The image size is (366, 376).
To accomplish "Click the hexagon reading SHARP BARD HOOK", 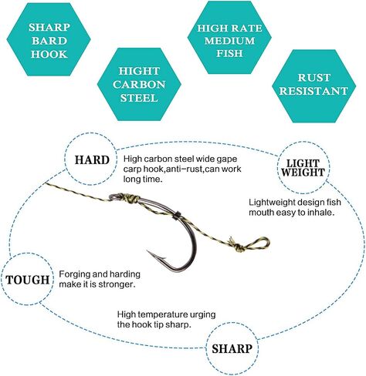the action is click(x=49, y=39).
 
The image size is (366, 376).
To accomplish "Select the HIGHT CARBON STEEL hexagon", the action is click(x=139, y=84).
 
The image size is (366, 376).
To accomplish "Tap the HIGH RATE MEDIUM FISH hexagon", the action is click(x=229, y=38).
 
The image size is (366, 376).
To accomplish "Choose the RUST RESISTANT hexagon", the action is click(x=313, y=86).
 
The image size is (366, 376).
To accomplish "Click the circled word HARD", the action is click(x=92, y=160).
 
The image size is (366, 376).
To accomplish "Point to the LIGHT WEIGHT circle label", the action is click(x=303, y=168).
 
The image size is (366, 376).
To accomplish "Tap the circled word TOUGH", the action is click(x=28, y=280).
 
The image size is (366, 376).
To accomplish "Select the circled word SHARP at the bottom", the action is click(x=232, y=348).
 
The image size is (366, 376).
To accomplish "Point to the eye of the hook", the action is click(x=114, y=196).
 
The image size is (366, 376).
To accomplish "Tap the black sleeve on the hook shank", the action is click(x=177, y=215).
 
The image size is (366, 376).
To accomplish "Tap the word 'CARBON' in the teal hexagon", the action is click(x=139, y=85).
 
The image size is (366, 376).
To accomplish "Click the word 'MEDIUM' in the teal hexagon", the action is click(x=229, y=41).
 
